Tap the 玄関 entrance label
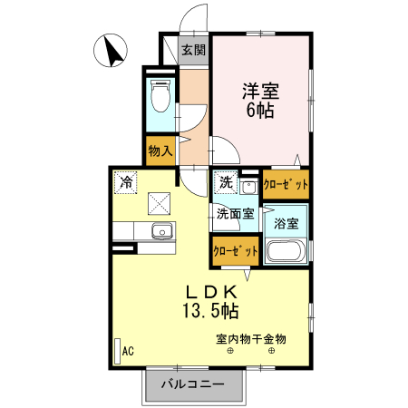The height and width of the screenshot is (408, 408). coord(193,50)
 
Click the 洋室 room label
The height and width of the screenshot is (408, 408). coord(260,91)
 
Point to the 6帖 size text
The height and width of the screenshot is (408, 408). coord(260,111)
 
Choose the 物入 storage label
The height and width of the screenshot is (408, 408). coord(161,151)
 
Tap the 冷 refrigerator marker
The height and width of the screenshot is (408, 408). coord(127,182)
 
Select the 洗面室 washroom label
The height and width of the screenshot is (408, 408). coord(235,215)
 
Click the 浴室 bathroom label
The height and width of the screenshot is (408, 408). coord(287,222)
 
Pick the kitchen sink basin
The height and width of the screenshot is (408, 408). coord(161,230)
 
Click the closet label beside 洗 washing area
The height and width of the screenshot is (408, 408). coord(286,184)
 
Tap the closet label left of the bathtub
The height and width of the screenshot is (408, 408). coord(234,250)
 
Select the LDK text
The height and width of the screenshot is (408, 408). coord(212,292)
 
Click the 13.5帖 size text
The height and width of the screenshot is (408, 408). coord(212,311)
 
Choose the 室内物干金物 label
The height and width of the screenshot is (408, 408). coord(250,339)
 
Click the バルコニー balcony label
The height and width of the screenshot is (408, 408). coord(193,384)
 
